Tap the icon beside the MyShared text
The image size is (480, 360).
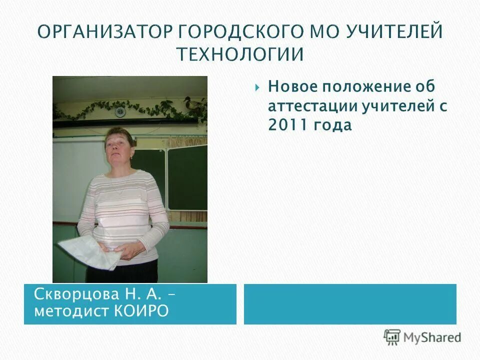point(392,336)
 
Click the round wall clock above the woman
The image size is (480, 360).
point(120,110)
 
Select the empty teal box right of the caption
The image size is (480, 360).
point(350,304)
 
